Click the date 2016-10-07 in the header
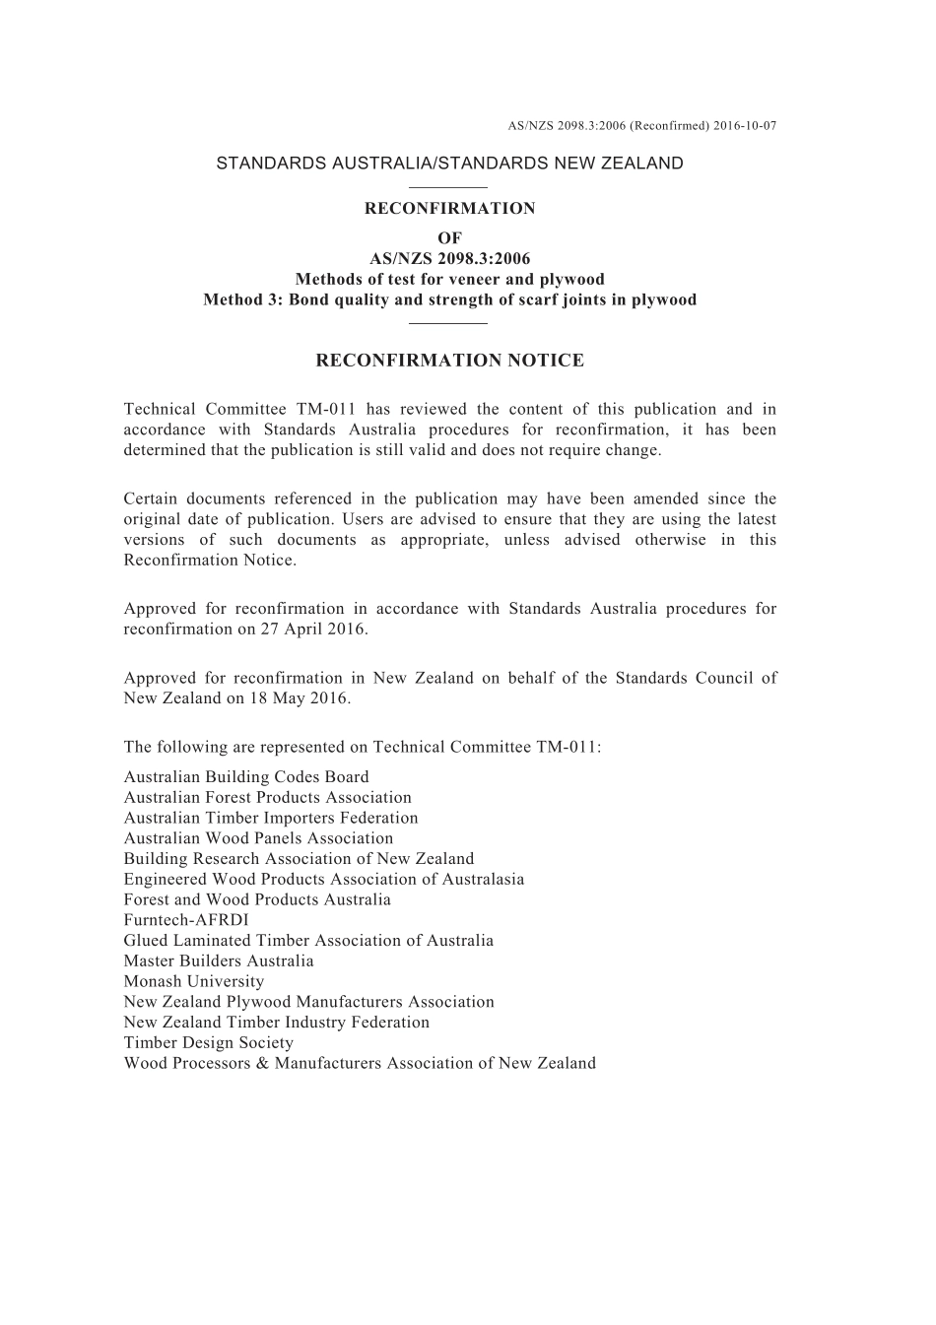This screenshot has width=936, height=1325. (745, 126)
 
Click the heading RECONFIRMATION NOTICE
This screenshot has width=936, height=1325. (449, 361)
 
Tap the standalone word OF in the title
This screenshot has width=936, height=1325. (449, 238)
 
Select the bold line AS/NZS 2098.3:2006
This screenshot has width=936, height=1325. (449, 259)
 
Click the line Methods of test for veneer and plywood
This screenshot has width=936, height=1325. (449, 280)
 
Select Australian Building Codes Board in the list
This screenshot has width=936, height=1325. (246, 777)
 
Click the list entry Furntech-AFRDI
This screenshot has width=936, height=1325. (186, 920)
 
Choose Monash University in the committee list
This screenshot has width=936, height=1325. (194, 981)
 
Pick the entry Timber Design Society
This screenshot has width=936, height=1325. (209, 1042)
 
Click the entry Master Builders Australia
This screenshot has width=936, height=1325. (219, 961)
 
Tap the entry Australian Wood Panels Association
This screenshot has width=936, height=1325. (258, 838)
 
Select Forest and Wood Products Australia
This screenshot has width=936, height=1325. (257, 899)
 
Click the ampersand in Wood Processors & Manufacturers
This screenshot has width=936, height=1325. (262, 1063)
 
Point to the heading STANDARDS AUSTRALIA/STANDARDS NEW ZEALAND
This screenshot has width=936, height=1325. (449, 164)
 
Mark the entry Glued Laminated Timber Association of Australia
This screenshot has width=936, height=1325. (308, 941)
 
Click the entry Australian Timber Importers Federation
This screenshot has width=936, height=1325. (271, 818)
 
